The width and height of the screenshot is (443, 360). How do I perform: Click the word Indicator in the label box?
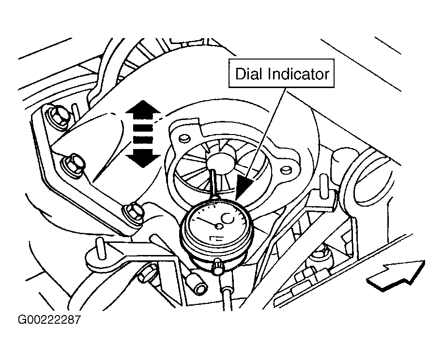298,74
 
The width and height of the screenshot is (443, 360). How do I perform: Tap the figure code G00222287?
49,319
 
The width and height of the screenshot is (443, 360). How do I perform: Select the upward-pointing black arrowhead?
143,108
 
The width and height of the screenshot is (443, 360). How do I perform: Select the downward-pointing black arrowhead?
143,159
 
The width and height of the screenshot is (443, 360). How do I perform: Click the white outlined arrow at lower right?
396,275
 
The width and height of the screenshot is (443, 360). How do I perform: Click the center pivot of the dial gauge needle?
218,226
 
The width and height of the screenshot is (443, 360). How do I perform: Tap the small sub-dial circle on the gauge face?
229,218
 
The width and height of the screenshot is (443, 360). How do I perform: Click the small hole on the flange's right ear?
286,169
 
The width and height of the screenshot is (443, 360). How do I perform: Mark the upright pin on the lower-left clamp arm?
100,248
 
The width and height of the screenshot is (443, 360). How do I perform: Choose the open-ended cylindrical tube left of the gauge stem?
197,284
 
